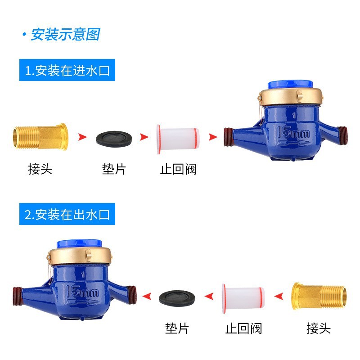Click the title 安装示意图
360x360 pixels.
[x=66, y=35]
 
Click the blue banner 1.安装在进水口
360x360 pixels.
[x=67, y=70]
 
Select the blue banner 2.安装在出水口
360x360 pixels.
[x=67, y=214]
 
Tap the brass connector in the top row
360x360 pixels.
[x=40, y=137]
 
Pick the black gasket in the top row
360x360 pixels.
[x=114, y=138]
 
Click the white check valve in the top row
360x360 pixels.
[x=178, y=139]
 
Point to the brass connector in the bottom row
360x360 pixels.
[x=319, y=296]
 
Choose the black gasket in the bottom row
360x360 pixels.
[x=177, y=298]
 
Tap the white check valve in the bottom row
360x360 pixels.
[x=243, y=298]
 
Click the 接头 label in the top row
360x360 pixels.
[x=40, y=169]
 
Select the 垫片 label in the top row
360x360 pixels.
[x=114, y=169]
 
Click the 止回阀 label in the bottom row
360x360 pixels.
[x=243, y=328]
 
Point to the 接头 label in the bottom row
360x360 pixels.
[x=319, y=328]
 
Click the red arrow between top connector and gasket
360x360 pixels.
[x=82, y=137]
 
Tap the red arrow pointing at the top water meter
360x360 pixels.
[x=213, y=137]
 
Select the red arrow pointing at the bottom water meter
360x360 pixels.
[x=147, y=296]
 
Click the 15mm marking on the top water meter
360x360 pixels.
[x=293, y=133]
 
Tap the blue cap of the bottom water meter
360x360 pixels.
[x=79, y=244]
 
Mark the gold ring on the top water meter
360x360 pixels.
[x=290, y=97]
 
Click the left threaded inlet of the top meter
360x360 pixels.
[x=229, y=137]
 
